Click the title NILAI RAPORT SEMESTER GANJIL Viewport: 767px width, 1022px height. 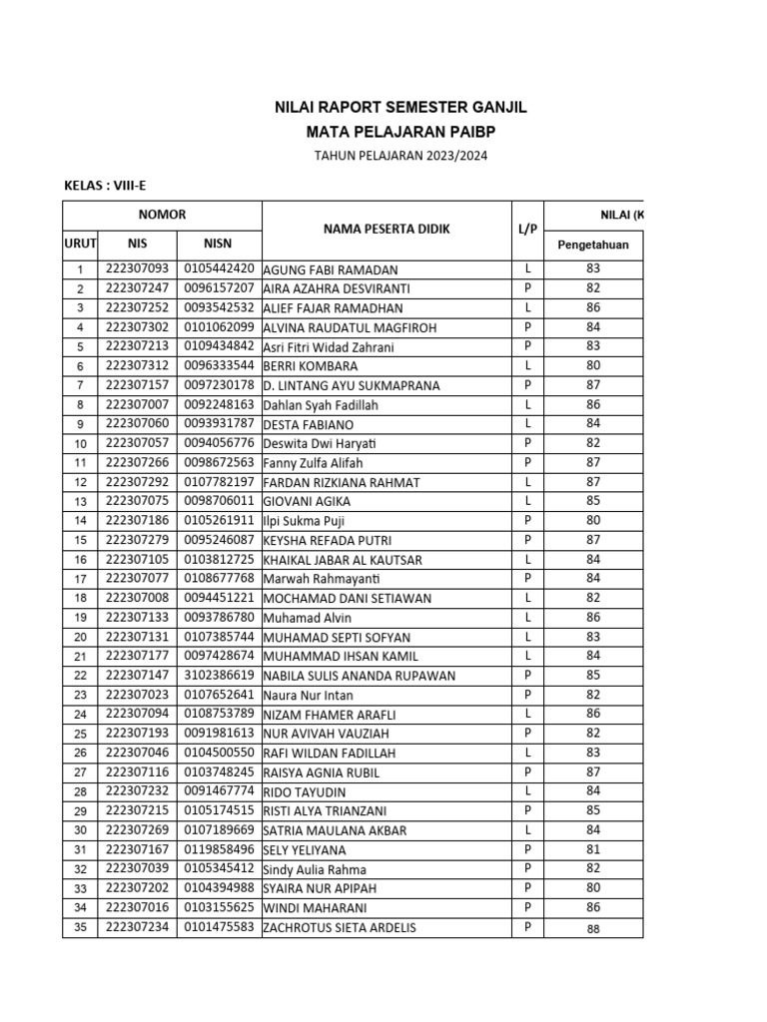[400, 107]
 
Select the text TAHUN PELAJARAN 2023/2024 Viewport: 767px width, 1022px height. [401, 157]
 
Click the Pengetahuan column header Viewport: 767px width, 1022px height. [592, 245]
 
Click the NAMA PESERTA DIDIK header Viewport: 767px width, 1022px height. [385, 230]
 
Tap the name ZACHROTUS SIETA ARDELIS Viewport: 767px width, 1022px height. [340, 928]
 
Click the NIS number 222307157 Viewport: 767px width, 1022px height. [136, 385]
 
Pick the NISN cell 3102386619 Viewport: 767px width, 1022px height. [218, 676]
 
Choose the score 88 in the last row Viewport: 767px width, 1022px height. [592, 928]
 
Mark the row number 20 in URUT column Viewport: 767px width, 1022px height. [80, 637]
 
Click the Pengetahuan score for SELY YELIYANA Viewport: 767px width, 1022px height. [592, 850]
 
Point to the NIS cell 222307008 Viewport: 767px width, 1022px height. [136, 598]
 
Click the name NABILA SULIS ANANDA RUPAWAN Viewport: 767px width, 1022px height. [359, 676]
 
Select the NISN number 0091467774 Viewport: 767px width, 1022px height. [218, 791]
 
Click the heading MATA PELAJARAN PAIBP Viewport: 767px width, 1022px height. [400, 132]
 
